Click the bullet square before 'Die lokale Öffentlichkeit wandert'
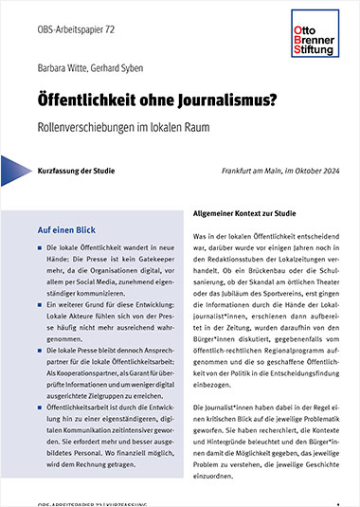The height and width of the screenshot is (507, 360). (x=39, y=247)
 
